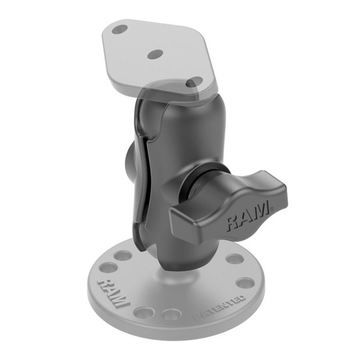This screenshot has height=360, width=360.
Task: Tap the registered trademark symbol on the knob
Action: tap(272, 209)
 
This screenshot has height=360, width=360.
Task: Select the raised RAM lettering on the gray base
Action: tap(113, 293)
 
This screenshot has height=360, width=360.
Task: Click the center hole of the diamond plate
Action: tap(155, 54)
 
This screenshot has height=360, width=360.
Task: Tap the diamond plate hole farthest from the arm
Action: tap(120, 30)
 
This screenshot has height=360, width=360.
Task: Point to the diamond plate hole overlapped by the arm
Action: tap(194, 82)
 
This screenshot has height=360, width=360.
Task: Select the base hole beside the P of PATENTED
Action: tap(171, 314)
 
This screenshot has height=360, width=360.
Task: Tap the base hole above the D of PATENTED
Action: tap(245, 283)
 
